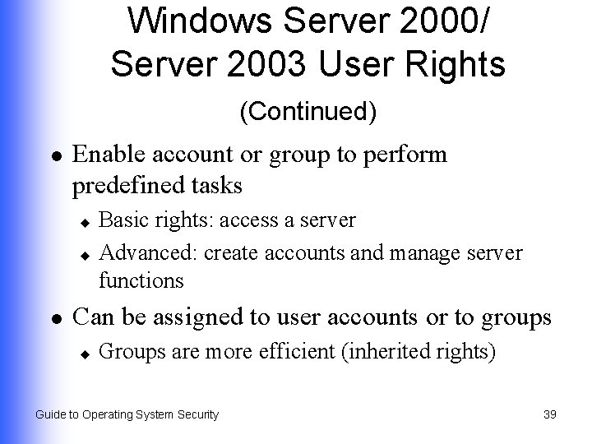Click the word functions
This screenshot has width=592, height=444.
click(x=141, y=281)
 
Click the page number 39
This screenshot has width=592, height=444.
click(x=550, y=414)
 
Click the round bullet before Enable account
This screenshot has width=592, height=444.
click(x=53, y=156)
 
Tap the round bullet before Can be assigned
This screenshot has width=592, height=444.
click(x=53, y=317)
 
